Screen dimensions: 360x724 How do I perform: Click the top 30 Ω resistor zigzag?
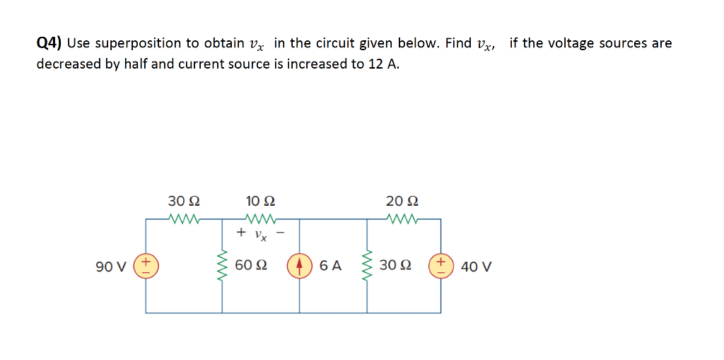click(x=185, y=219)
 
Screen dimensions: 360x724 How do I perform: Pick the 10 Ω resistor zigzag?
click(x=260, y=219)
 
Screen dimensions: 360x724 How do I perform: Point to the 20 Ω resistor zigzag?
click(x=404, y=219)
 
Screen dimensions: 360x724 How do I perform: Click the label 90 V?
click(x=111, y=267)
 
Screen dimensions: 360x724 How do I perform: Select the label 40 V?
click(x=476, y=267)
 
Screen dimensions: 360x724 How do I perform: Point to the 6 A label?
click(x=330, y=266)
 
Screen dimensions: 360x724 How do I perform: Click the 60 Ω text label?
click(x=251, y=266)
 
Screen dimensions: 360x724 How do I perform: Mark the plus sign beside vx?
click(x=242, y=232)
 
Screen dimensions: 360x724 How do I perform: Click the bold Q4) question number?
click(x=49, y=43)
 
